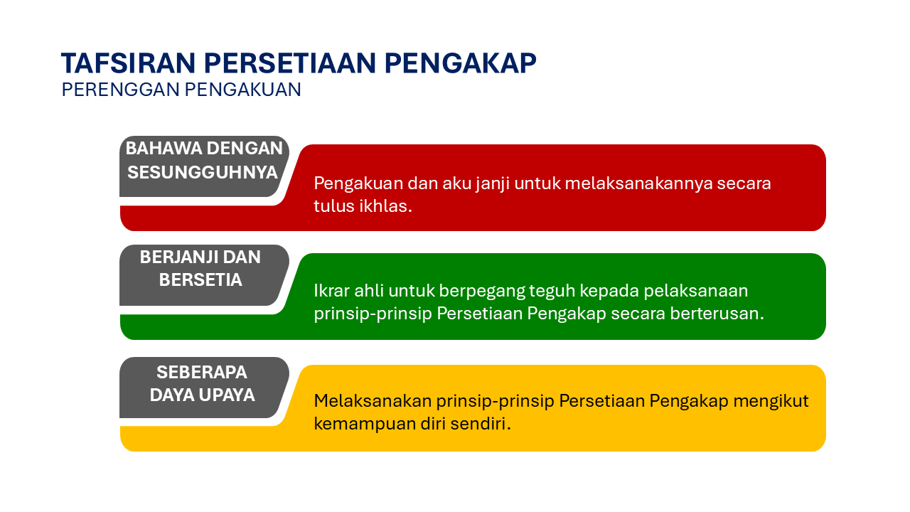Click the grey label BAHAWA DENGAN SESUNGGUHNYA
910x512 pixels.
(x=203, y=161)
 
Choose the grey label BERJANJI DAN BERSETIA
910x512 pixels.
(x=200, y=269)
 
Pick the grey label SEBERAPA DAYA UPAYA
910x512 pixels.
(x=202, y=383)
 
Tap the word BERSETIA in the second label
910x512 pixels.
(x=200, y=280)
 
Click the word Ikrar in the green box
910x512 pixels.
(x=331, y=291)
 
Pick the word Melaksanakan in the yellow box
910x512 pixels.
(x=373, y=401)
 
